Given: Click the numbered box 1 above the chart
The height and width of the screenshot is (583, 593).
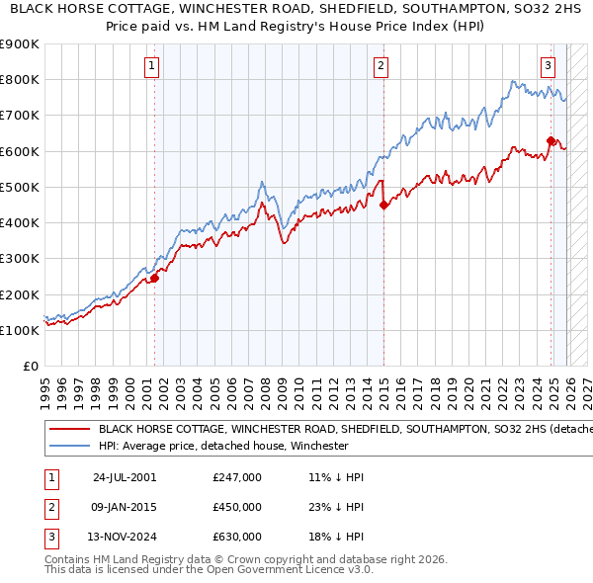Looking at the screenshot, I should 152,66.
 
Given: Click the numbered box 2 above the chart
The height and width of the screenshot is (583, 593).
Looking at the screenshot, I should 381,66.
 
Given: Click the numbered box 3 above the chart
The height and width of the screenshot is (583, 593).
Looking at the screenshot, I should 548,66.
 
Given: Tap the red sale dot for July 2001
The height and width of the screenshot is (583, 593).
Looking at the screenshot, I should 155,278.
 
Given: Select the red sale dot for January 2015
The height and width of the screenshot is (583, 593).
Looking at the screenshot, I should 383,206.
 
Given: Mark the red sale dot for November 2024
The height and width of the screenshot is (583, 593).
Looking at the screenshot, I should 551,141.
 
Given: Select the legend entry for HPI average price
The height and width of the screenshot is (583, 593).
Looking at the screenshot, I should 223,446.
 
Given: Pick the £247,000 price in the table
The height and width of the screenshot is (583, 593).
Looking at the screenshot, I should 237,477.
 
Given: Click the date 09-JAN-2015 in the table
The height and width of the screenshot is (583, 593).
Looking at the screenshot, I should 125,507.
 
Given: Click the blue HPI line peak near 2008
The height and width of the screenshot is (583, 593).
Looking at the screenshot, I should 261,183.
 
